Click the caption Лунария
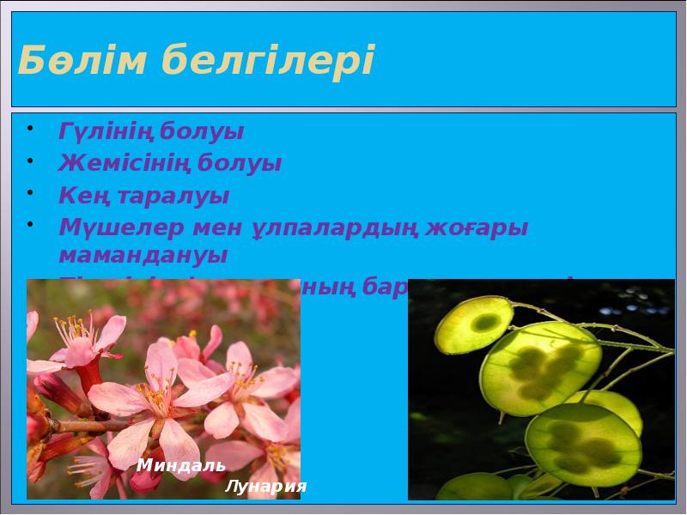[265, 487]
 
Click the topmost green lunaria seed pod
[473, 324]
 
